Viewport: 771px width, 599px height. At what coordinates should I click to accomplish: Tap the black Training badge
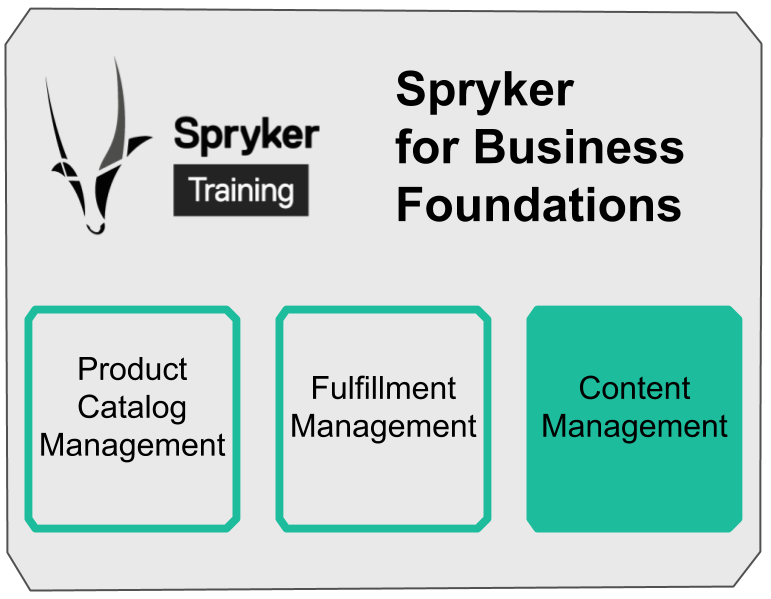coord(241,189)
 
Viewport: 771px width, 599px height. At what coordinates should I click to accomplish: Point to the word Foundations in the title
coord(539,205)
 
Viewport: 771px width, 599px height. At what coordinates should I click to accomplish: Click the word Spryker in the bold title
coord(485,91)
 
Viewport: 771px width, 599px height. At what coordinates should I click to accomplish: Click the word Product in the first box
coord(132,369)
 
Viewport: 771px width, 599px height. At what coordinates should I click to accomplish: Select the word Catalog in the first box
coord(132,407)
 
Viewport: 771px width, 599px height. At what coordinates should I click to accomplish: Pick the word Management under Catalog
coord(132,445)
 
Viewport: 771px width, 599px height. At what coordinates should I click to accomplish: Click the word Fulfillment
coord(383,388)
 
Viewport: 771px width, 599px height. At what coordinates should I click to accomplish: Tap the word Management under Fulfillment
coord(383,427)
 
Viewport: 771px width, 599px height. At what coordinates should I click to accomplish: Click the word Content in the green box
coord(635,388)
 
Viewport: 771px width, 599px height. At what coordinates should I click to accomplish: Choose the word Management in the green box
coord(635,427)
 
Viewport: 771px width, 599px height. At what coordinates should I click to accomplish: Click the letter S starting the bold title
coord(411,90)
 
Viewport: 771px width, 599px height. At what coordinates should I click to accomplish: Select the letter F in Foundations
coord(409,205)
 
